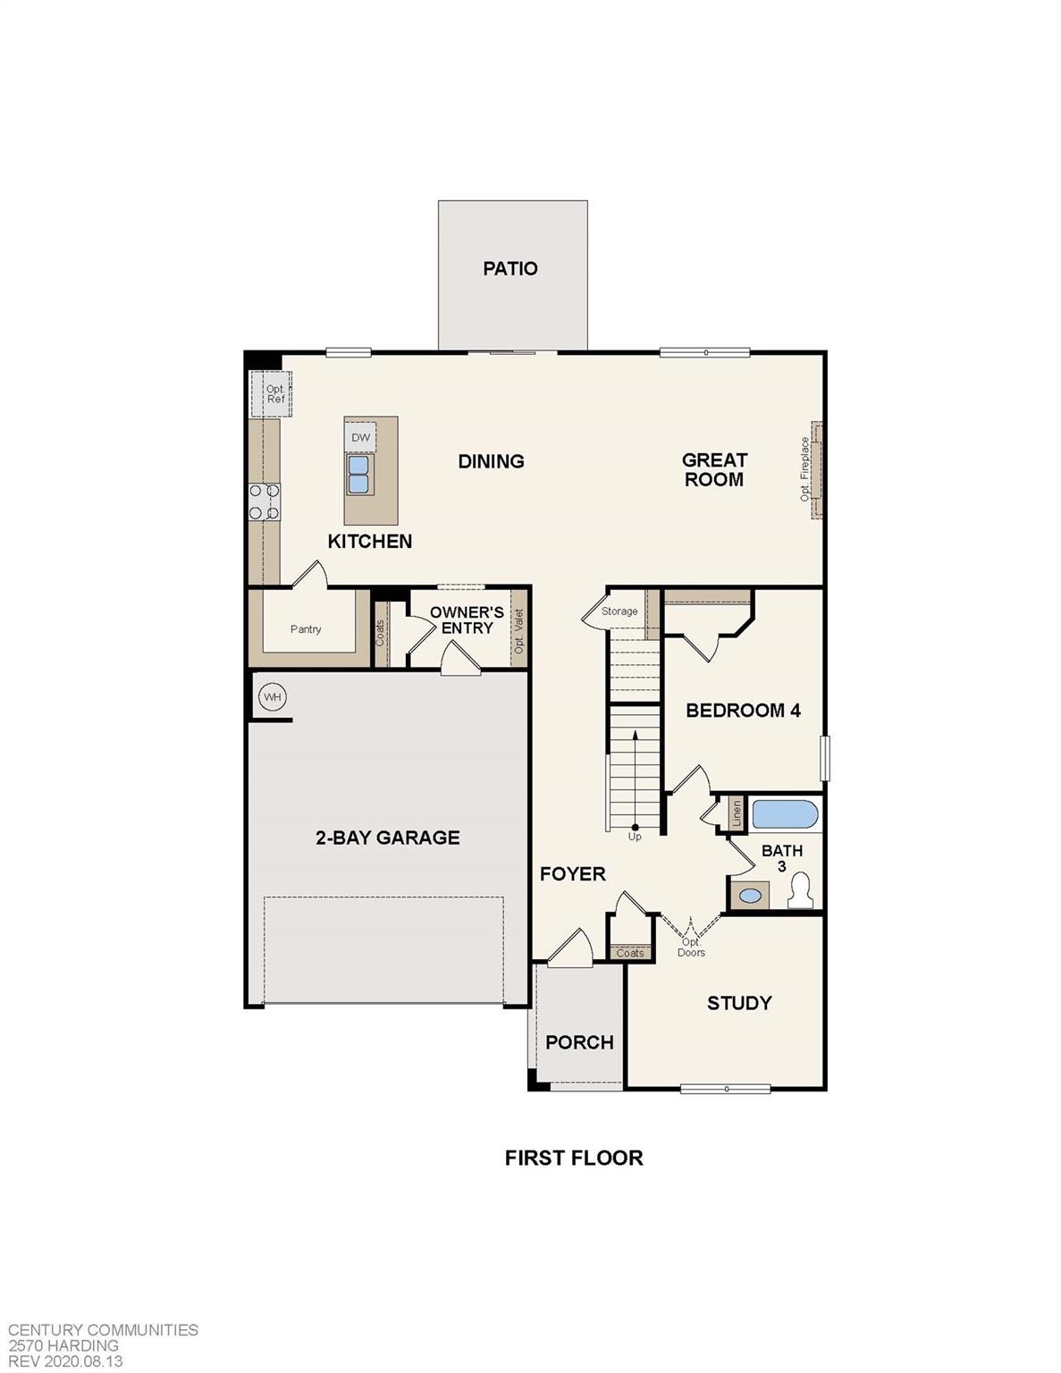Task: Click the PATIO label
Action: click(510, 268)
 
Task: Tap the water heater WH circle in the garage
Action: click(272, 697)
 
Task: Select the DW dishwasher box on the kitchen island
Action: click(360, 437)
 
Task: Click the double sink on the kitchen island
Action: click(358, 475)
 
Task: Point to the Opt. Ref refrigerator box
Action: click(275, 394)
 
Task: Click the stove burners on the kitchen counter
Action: click(264, 501)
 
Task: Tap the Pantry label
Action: click(306, 629)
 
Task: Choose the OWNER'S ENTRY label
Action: click(467, 620)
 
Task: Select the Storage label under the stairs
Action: click(619, 611)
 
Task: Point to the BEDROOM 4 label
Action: click(743, 711)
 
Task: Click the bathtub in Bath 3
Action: click(785, 815)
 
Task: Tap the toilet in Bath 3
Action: click(801, 891)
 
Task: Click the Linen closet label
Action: click(737, 812)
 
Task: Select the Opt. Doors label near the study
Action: click(691, 948)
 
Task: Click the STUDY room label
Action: click(739, 1003)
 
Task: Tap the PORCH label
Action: click(579, 1042)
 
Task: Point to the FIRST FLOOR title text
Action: click(574, 1158)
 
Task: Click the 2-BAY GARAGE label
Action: click(388, 838)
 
